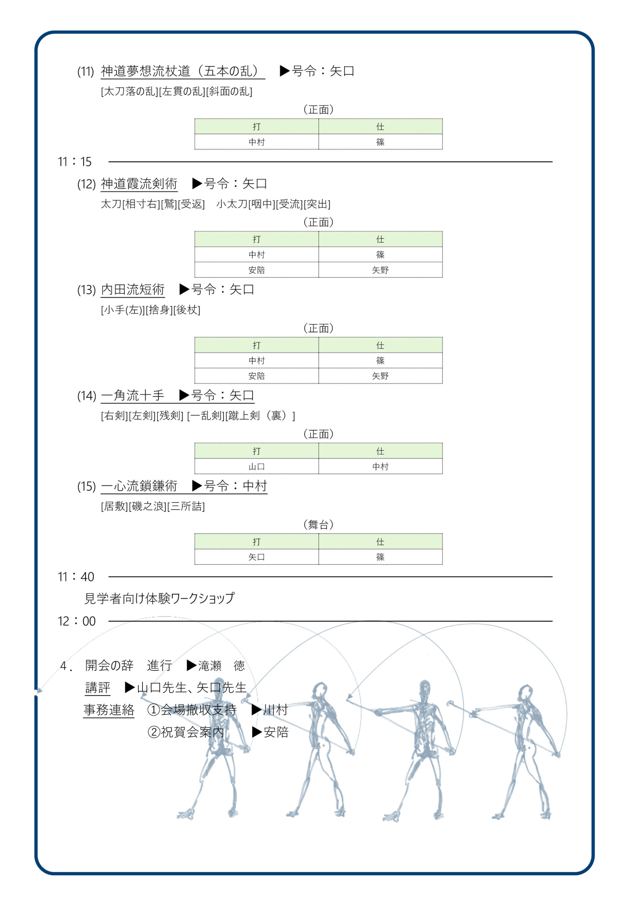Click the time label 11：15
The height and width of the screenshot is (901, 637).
point(75,162)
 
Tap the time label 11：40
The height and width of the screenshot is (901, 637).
point(76,576)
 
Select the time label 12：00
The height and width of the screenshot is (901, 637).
point(76,621)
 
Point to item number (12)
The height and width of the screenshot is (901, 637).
point(86,184)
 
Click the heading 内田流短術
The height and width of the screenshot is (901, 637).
point(133,290)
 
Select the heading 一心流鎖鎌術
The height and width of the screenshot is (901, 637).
point(139,486)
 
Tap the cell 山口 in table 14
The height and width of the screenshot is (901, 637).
point(256,467)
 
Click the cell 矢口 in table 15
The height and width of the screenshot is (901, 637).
point(256,557)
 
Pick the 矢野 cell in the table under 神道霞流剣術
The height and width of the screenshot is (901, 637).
point(380,270)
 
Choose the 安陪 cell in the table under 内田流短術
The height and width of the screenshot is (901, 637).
point(256,376)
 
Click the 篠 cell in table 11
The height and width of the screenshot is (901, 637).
point(380,142)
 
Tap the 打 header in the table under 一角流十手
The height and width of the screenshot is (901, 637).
point(256,451)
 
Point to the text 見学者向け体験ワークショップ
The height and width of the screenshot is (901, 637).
point(160,598)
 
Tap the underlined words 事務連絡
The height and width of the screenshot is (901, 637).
point(109,710)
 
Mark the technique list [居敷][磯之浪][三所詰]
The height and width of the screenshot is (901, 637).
point(153,506)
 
